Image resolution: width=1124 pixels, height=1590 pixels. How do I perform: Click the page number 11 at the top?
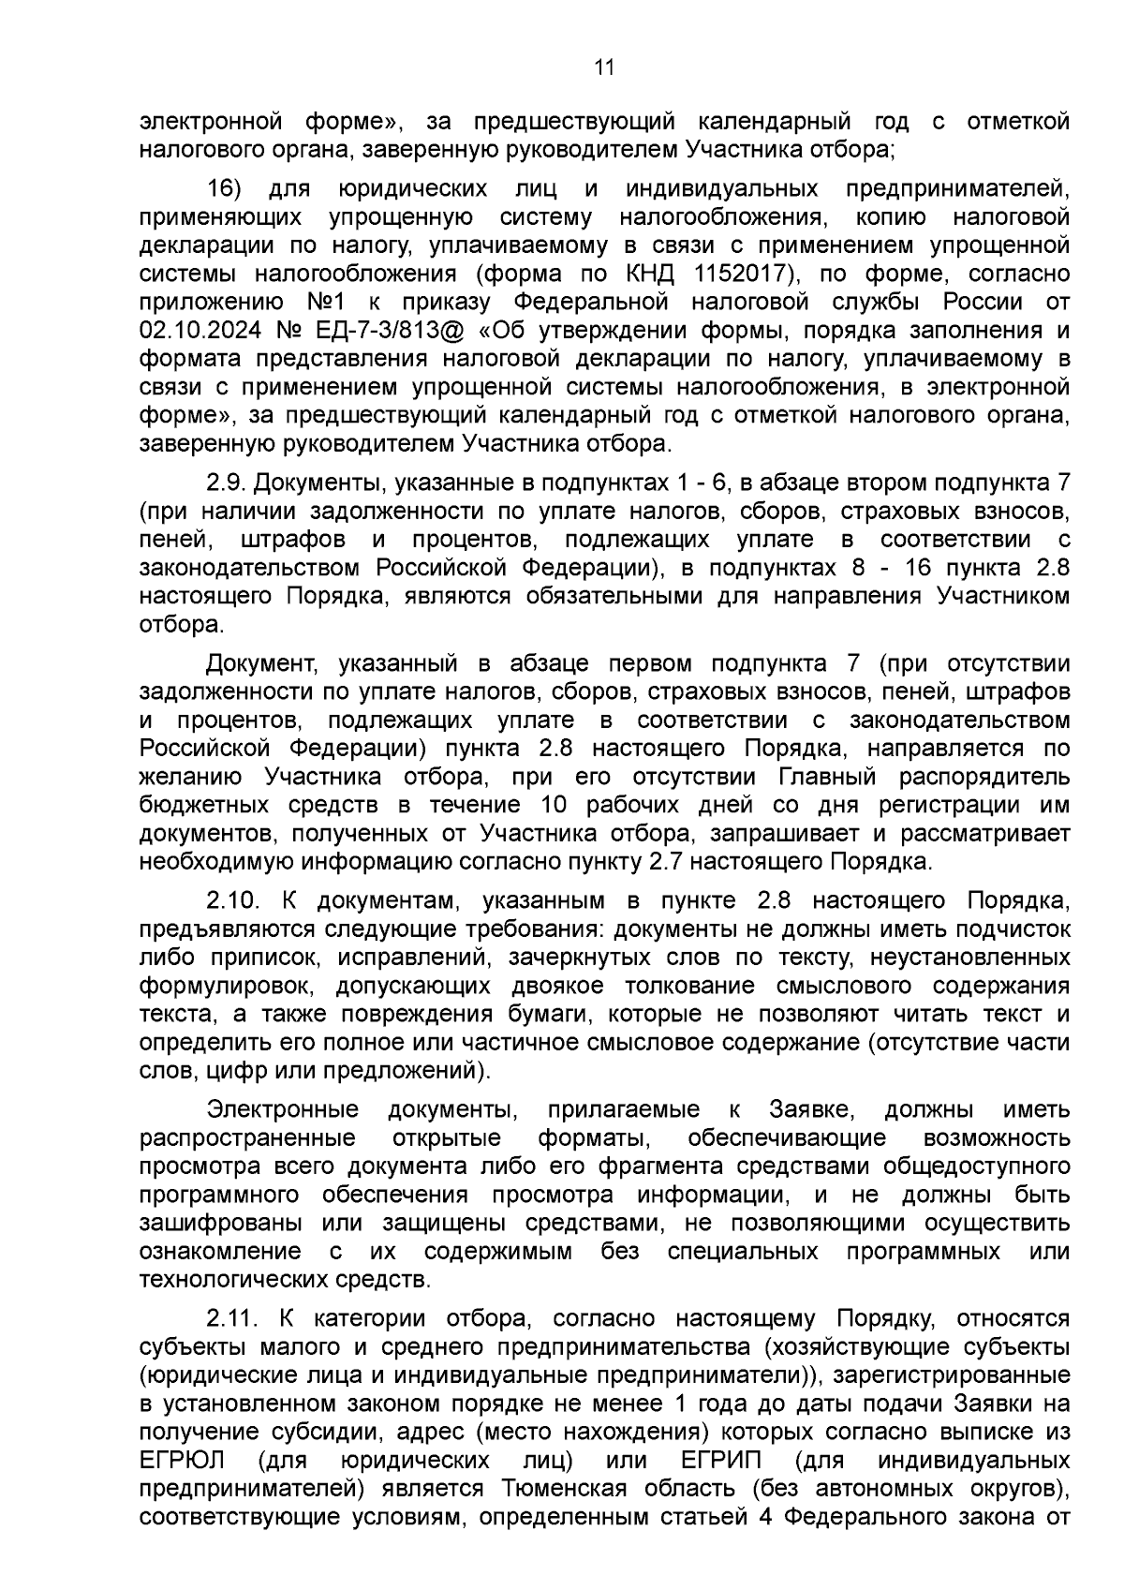click(x=604, y=67)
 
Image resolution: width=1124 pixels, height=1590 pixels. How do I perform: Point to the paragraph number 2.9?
click(x=226, y=483)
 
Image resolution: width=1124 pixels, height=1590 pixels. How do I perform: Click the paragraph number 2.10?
click(x=232, y=901)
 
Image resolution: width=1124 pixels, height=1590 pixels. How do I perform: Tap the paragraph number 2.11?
click(x=231, y=1319)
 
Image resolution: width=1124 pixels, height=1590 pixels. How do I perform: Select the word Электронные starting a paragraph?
click(x=283, y=1110)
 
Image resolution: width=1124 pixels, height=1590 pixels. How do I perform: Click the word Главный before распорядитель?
click(x=827, y=778)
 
